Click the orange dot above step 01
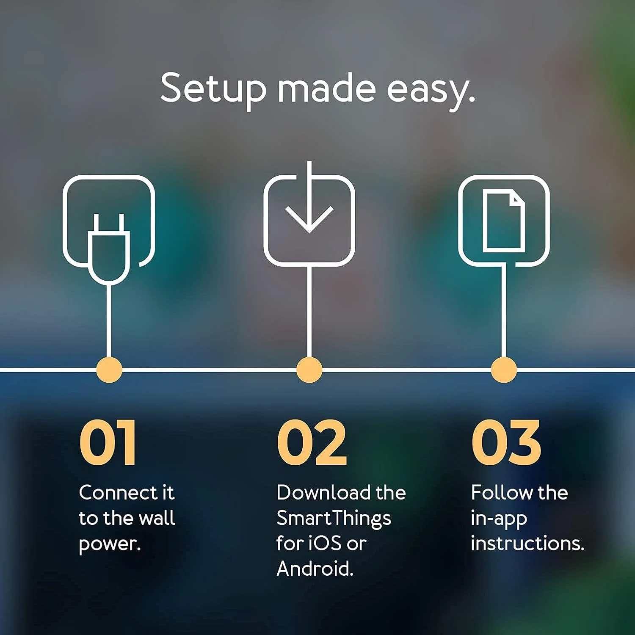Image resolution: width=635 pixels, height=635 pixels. tap(109, 370)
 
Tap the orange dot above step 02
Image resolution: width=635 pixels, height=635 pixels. tap(309, 370)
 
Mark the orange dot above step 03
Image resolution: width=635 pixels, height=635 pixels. tap(504, 370)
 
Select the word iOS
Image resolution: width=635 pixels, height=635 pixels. tap(324, 544)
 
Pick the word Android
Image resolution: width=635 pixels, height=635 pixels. tap(315, 569)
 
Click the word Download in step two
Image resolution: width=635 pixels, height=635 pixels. tap(323, 493)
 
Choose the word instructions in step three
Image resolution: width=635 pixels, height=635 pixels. tap(527, 544)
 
